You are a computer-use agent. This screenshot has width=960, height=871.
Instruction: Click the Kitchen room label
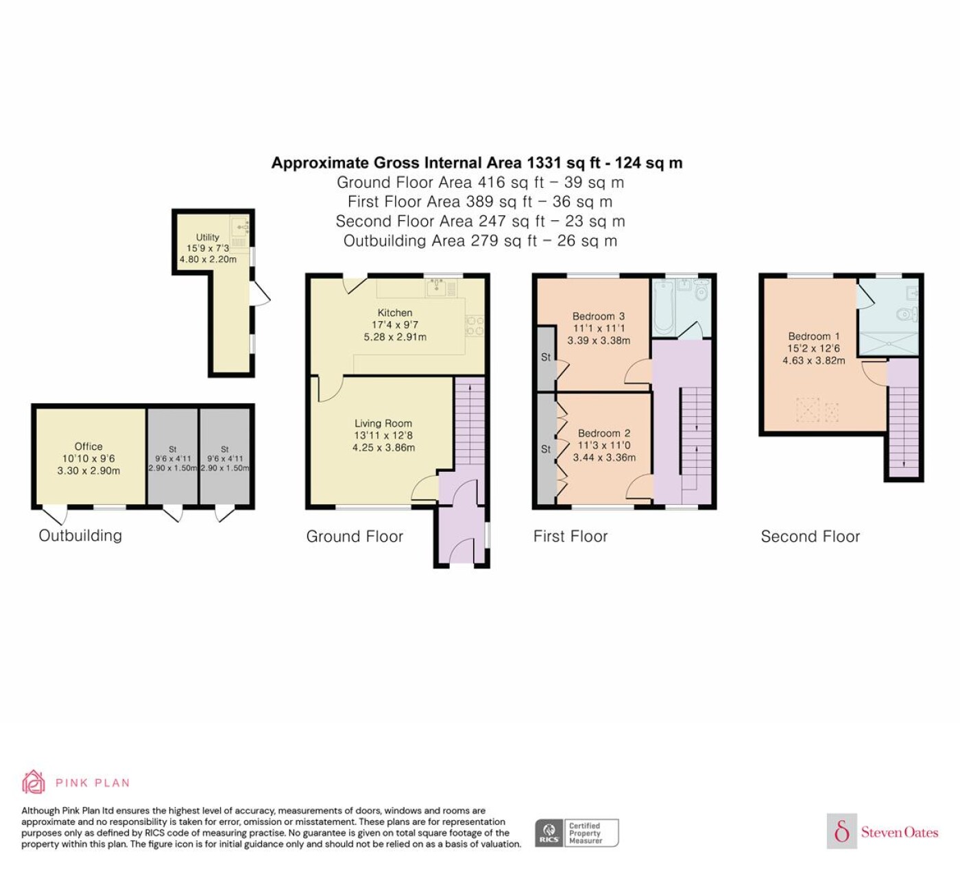click(395, 313)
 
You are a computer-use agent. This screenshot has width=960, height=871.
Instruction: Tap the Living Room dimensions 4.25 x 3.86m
click(383, 448)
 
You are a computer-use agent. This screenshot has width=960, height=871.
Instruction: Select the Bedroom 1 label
click(813, 336)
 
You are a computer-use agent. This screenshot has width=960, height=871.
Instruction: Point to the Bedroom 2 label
click(604, 433)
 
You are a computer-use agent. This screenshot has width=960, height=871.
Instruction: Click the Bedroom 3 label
click(598, 316)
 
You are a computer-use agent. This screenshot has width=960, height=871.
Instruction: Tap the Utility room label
click(208, 237)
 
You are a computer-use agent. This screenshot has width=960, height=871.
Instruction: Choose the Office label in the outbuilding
click(88, 446)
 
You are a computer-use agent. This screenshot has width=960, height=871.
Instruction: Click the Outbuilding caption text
click(80, 536)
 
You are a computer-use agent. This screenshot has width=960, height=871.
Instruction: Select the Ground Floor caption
click(355, 536)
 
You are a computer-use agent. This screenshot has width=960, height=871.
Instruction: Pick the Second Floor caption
click(811, 536)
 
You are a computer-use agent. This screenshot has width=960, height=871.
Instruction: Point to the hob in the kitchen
click(475, 326)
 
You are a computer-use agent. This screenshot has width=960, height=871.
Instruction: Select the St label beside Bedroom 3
click(546, 357)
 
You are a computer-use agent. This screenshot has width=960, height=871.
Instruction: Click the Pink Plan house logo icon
click(34, 782)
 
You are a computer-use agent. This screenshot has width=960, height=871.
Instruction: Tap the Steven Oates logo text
click(900, 832)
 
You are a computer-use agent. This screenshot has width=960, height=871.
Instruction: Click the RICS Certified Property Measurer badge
click(577, 833)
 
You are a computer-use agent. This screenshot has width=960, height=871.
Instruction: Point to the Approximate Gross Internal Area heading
click(477, 163)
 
